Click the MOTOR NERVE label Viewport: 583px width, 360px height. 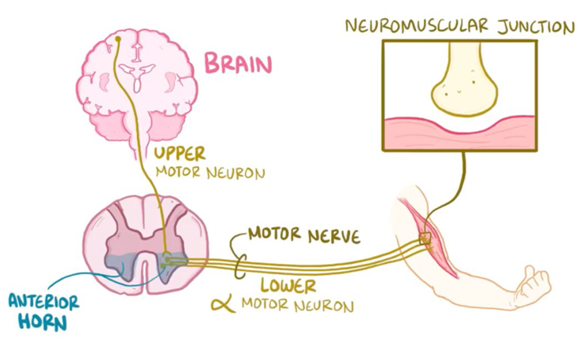pyautogui.click(x=304, y=234)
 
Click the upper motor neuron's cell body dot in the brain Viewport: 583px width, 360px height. pyautogui.click(x=117, y=38)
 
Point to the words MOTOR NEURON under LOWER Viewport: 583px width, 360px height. pyautogui.click(x=297, y=303)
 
